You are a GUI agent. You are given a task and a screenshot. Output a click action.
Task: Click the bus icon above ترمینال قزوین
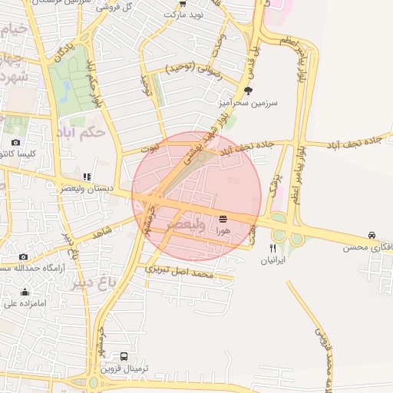pyautogui.click(x=124, y=357)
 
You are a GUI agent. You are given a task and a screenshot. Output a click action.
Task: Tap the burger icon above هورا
pyautogui.click(x=223, y=219)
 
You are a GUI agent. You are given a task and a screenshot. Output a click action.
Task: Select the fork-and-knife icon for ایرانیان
pyautogui.click(x=272, y=248)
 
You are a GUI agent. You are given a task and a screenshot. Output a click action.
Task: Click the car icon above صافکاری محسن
pyautogui.click(x=372, y=235)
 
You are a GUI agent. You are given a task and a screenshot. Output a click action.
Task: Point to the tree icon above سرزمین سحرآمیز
pyautogui.click(x=247, y=90)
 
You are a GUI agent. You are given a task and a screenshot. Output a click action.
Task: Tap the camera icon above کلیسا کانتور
pyautogui.click(x=15, y=142)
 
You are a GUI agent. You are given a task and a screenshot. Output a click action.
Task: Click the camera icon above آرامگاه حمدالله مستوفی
pyautogui.click(x=23, y=256)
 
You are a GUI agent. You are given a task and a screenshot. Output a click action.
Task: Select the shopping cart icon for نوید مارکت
pyautogui.click(x=182, y=3)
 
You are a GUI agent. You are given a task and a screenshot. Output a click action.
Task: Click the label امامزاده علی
pyautogui.click(x=20, y=303)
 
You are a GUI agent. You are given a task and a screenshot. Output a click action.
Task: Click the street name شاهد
pyautogui.click(x=102, y=230)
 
